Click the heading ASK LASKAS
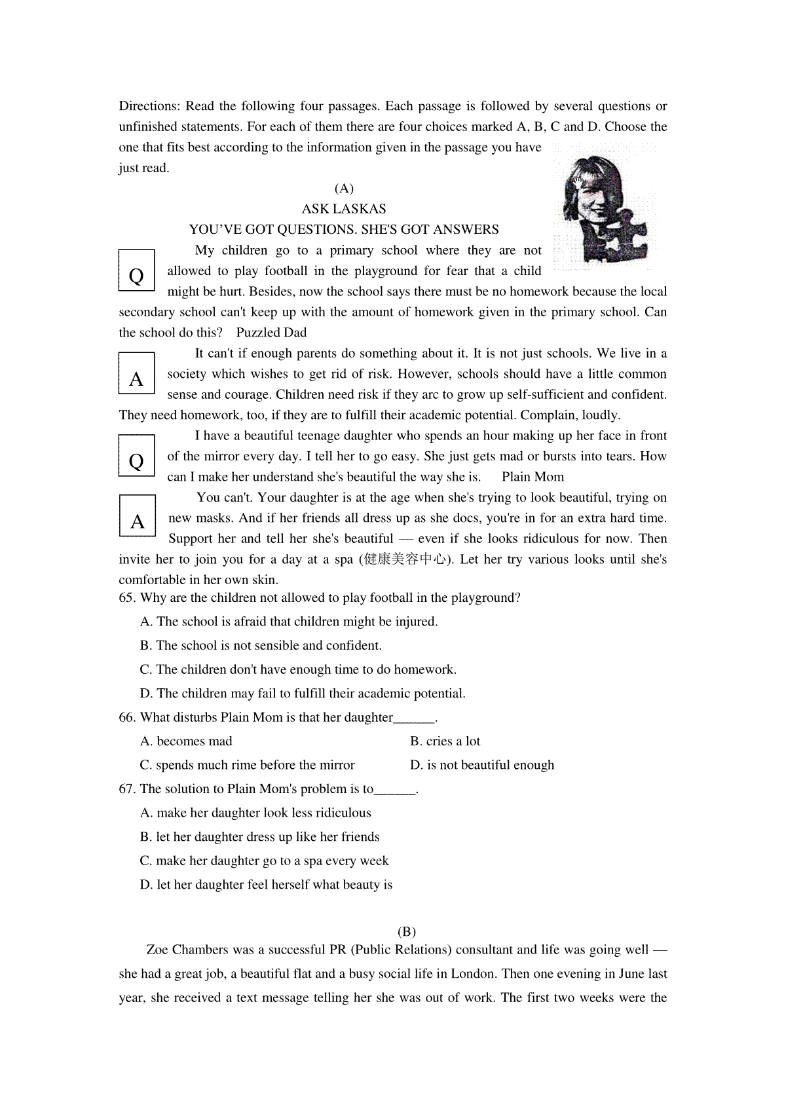tap(343, 209)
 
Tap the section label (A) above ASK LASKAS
tap(343, 189)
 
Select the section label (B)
tap(406, 931)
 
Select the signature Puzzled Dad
tap(271, 333)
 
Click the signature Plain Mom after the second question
tap(533, 477)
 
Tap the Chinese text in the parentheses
tap(408, 559)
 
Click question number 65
tap(127, 598)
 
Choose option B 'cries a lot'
tap(445, 741)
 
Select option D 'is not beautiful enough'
tap(482, 765)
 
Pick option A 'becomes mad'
tap(187, 741)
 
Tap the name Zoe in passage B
tap(158, 950)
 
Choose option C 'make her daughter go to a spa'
tap(265, 861)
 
